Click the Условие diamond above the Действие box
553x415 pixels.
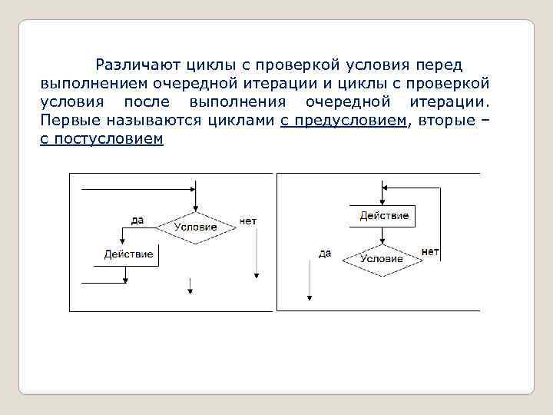pos(196,227)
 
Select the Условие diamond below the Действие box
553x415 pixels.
pos(382,259)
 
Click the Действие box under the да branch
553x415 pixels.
pos(128,254)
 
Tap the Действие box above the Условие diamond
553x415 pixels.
pos(384,216)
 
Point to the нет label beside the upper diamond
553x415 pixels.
pos(248,221)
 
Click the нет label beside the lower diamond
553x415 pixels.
pos(430,251)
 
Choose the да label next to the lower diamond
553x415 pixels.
pos(325,253)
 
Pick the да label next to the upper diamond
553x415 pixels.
pos(137,220)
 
